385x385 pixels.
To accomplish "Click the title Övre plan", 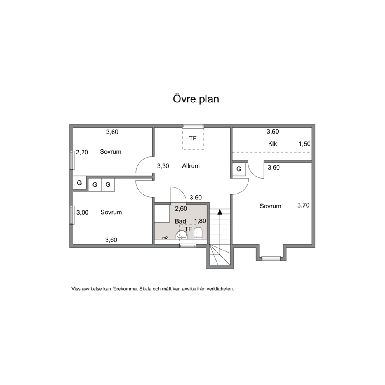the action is tap(196, 99).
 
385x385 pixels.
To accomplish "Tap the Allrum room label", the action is tap(191, 166).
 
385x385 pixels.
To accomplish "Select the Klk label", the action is tap(272, 144).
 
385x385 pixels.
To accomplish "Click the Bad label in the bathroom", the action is tap(180, 221).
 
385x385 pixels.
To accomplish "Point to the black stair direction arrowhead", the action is tap(220, 212).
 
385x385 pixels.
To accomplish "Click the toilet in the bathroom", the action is tap(198, 233).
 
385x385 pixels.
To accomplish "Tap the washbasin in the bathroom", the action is tap(182, 235).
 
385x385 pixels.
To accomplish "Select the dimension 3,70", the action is tap(303, 205).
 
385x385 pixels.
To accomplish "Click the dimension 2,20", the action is tap(82, 153).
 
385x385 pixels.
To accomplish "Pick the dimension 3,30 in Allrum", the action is tap(163, 166).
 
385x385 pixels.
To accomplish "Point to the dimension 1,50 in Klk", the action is tap(305, 144).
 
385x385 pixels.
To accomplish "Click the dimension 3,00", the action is tap(83, 213).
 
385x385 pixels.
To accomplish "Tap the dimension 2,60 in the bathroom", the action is tap(181, 209).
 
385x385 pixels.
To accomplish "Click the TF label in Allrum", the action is tap(193, 139).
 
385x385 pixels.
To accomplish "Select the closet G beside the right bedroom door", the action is tap(239, 169).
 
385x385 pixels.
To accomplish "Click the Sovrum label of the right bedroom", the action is tap(271, 206).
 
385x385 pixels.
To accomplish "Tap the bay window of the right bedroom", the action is tap(271, 258).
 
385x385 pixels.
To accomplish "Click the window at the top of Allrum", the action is tap(193, 126).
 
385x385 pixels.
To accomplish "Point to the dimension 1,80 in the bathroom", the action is tap(200, 221).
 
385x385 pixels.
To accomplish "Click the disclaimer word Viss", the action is tap(76, 289).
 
